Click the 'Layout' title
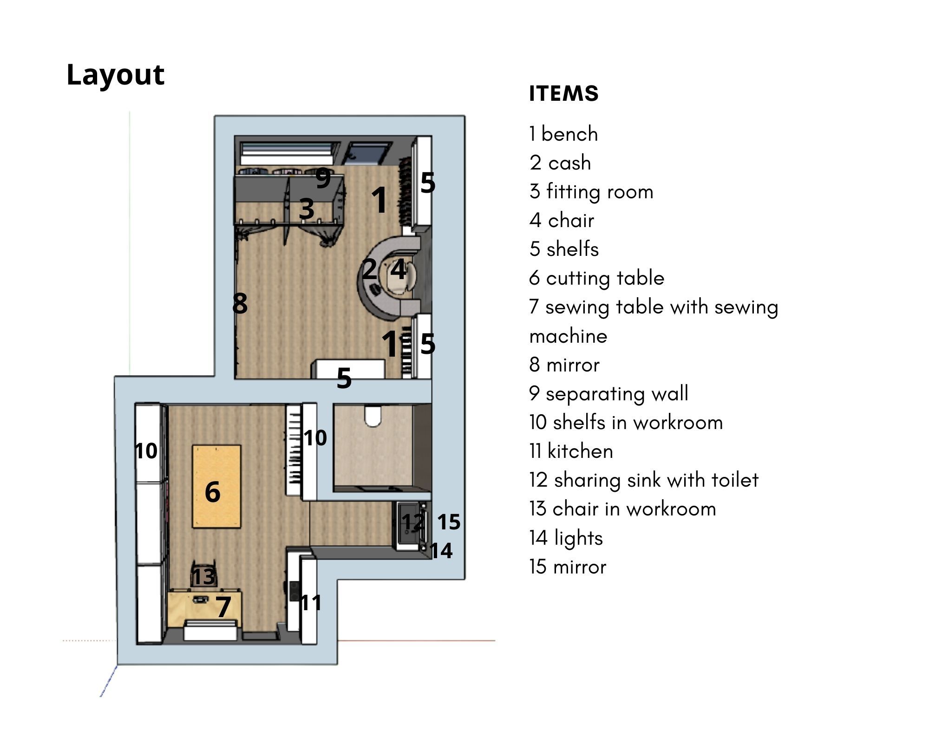point(115,75)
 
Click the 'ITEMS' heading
point(563,93)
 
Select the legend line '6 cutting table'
point(596,278)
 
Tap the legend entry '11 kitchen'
point(571,451)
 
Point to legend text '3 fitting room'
point(591,191)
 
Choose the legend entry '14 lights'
point(566,538)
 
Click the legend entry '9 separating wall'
point(608,393)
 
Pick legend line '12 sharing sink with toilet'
point(643,480)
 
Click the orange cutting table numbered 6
point(216,486)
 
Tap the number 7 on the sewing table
point(223,606)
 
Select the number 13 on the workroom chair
point(203,576)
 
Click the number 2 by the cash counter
point(370,268)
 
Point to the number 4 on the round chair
point(399,269)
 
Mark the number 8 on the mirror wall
point(240,303)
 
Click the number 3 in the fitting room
point(307,209)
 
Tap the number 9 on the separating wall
point(323,178)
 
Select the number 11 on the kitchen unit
point(311,603)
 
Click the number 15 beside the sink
point(449,522)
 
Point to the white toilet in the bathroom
point(373,416)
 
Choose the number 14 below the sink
point(441,551)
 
